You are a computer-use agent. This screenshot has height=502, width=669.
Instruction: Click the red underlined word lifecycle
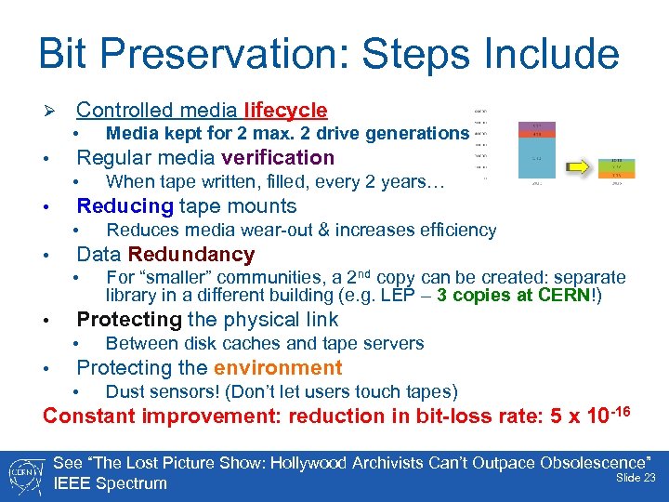[285, 111]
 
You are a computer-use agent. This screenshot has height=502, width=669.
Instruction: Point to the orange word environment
[278, 368]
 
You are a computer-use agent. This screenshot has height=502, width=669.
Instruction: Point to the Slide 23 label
[636, 477]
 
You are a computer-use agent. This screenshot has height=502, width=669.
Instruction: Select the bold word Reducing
[125, 206]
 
